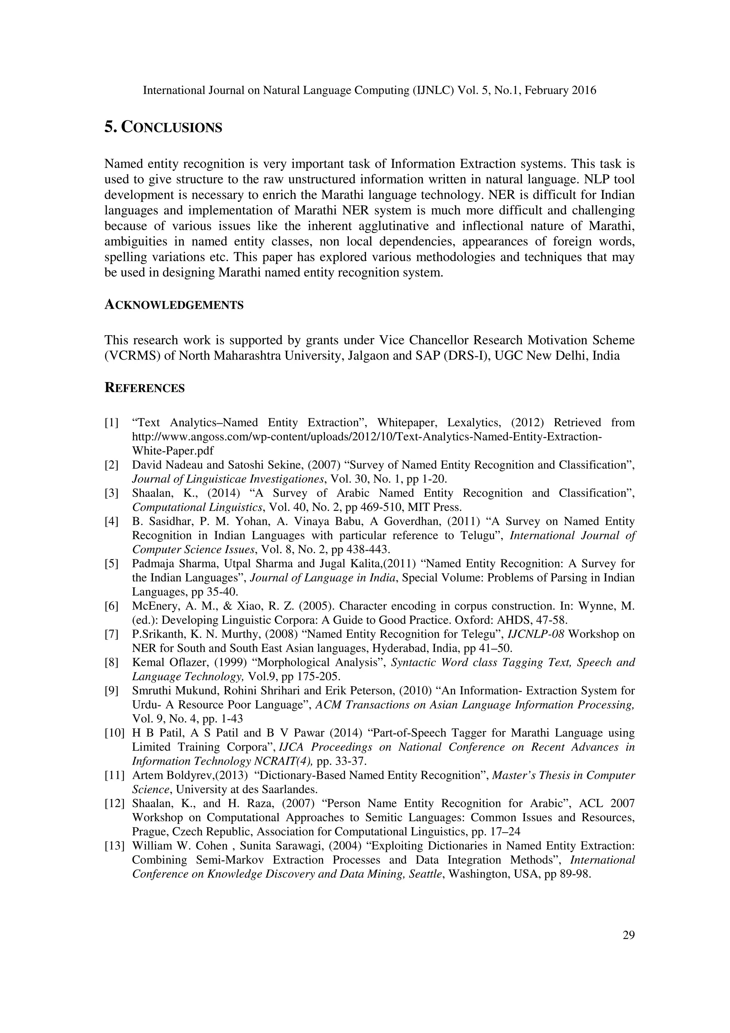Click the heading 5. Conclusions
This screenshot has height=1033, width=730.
pos(163,128)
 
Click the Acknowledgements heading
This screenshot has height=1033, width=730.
pos(174,305)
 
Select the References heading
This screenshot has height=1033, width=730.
pos(144,388)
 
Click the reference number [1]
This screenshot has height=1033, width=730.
pos(112,422)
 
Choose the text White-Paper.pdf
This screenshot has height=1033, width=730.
pos(173,450)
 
